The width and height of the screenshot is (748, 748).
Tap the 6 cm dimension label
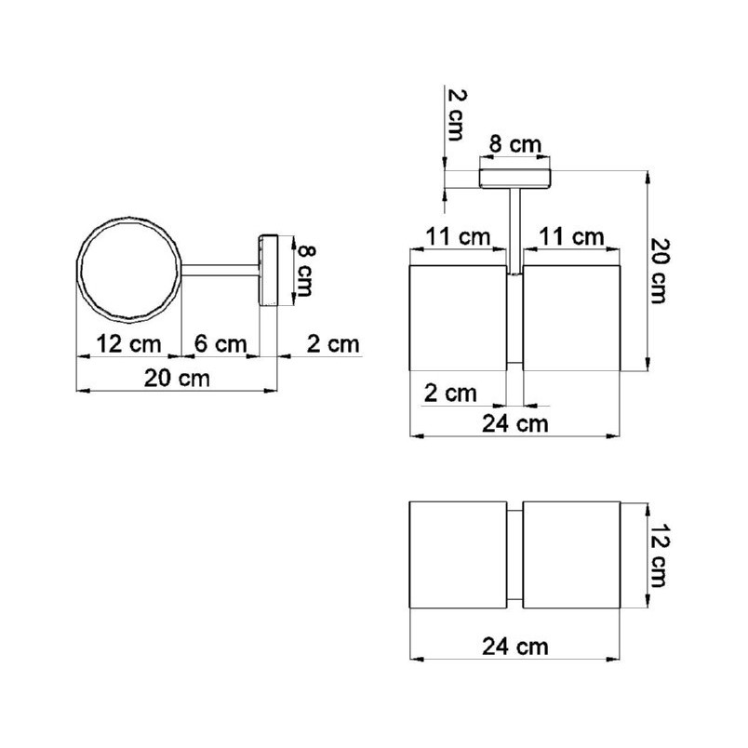coord(220,344)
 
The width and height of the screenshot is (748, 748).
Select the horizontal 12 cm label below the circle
coord(128,344)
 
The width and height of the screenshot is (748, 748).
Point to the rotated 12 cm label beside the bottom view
coord(659,554)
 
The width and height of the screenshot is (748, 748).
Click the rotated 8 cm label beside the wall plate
coord(306,271)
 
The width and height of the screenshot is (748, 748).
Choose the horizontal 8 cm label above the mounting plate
coord(515,144)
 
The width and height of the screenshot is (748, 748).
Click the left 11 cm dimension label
coord(458,236)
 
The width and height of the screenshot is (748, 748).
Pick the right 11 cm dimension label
coord(571,236)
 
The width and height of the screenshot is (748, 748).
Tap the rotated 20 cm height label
coord(661,271)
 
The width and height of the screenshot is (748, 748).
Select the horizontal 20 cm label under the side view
coord(177,379)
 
